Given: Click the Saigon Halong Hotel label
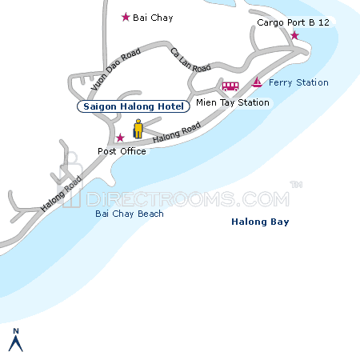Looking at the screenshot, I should (134, 106).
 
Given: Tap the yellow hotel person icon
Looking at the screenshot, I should (138, 129).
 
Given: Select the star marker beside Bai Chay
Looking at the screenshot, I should (125, 17).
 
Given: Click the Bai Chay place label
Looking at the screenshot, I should (153, 18).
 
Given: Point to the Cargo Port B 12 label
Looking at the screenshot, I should (293, 23).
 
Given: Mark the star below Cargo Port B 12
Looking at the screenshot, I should (294, 36).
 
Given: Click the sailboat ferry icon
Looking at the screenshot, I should (257, 82).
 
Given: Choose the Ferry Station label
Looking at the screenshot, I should (299, 82).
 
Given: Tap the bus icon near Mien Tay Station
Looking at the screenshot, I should (230, 86).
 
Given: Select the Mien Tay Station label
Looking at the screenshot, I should (232, 102).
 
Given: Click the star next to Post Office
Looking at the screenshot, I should (120, 138).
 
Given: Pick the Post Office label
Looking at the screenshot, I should (122, 150).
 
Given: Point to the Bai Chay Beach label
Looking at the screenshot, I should (129, 214).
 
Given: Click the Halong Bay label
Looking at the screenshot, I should (260, 222).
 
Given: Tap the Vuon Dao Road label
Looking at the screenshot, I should (115, 70).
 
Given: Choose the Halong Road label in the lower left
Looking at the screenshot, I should (62, 194).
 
